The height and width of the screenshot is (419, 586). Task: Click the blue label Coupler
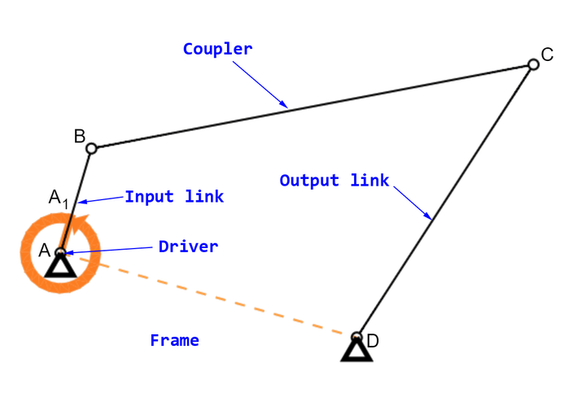[x=217, y=50]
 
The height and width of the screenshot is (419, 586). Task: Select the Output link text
[x=335, y=181]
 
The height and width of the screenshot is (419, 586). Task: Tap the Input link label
[x=174, y=197]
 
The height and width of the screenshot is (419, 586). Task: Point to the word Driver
[x=188, y=247]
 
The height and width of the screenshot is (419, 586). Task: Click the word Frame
[x=174, y=341]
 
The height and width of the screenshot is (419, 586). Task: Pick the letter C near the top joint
[x=547, y=55]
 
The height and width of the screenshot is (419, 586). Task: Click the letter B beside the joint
[x=79, y=137]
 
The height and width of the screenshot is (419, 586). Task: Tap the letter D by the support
[x=373, y=341]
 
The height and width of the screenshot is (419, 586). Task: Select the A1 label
[x=59, y=198]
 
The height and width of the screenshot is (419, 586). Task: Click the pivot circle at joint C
[x=533, y=64]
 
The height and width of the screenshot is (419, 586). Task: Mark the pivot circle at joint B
[x=91, y=148]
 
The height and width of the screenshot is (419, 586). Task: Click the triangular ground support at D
[x=356, y=351]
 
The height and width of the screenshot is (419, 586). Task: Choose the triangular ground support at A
[x=60, y=266]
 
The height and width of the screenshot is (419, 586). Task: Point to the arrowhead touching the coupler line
[x=283, y=104]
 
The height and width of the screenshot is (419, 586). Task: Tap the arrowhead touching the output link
[x=427, y=216]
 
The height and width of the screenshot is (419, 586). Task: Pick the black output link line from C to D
[x=444, y=200]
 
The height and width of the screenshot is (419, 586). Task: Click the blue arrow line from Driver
[x=108, y=251]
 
